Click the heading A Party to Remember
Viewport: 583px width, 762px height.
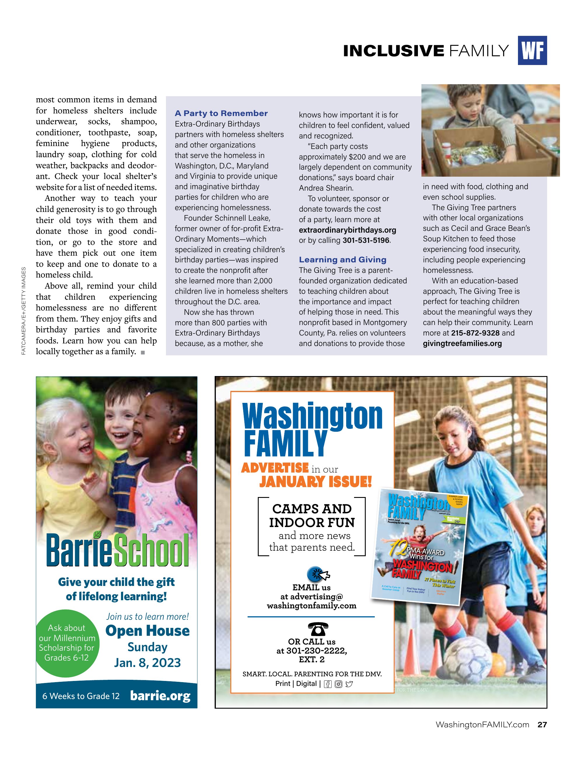coord(221,113)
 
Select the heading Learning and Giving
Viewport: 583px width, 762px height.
coord(342,259)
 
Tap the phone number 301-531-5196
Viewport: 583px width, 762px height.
coord(366,240)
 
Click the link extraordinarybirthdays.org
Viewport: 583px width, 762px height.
coord(347,230)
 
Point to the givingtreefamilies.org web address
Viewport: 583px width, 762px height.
coord(462,343)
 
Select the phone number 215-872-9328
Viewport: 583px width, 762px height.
coord(475,333)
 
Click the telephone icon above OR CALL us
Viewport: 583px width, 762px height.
coord(318,629)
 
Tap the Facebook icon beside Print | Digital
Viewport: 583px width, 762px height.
coord(328,684)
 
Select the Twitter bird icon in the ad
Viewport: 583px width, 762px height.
coord(349,684)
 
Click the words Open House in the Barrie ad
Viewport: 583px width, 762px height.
coord(148,631)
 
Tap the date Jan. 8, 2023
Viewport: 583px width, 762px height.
coord(148,663)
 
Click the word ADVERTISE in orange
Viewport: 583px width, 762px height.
coord(275,468)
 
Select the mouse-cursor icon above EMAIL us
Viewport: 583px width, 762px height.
coord(318,574)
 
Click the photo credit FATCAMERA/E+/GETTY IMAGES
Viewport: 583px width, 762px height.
coord(24,311)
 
